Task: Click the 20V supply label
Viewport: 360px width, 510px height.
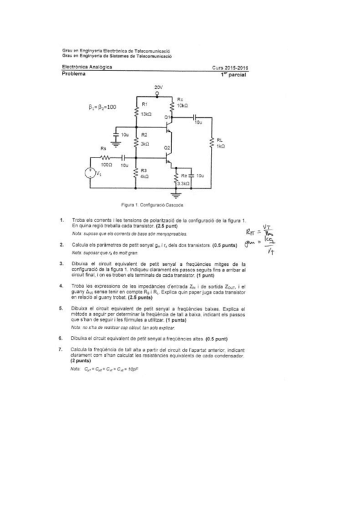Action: [x=157, y=87]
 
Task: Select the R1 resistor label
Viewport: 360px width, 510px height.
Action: [x=144, y=104]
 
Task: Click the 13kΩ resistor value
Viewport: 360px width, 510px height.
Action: [x=145, y=113]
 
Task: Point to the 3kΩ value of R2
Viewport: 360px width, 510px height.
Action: [x=145, y=144]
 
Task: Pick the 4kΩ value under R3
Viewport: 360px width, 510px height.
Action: [x=144, y=177]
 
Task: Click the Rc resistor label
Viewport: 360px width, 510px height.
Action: [x=181, y=98]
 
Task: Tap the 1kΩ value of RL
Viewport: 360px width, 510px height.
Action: [x=220, y=146]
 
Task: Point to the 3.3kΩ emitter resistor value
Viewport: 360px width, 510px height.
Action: [x=185, y=182]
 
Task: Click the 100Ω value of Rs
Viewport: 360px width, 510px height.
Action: [x=106, y=164]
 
